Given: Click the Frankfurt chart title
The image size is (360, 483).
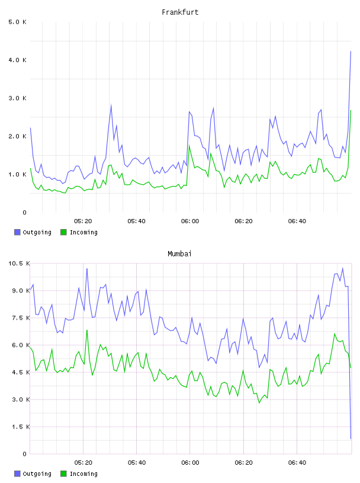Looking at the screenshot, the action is [x=180, y=12].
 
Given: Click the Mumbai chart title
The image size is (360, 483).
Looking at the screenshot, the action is [x=179, y=254].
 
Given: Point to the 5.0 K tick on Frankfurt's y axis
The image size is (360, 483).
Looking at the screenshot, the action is [x=18, y=22].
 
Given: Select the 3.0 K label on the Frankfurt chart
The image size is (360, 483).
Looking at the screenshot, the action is [x=18, y=98].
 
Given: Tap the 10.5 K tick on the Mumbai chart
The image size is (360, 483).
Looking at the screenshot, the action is [x=19, y=263].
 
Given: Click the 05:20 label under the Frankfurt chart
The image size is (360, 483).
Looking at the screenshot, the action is [x=83, y=221].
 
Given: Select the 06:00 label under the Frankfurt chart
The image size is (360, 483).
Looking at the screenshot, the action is [x=190, y=221].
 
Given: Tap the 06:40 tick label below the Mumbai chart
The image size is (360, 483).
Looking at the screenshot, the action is [x=297, y=463].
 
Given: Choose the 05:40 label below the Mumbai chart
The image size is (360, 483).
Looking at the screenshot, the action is [x=137, y=463].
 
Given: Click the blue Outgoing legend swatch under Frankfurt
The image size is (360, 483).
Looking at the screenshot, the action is [x=17, y=232].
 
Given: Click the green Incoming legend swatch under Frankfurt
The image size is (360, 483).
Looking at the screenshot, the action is [x=63, y=232].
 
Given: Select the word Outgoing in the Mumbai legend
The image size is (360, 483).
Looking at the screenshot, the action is [x=37, y=474].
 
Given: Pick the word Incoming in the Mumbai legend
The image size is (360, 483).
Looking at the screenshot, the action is [x=83, y=474].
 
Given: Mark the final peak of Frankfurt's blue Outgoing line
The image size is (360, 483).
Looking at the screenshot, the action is [x=351, y=51].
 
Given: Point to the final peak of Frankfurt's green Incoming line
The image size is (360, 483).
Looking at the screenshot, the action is [x=351, y=110].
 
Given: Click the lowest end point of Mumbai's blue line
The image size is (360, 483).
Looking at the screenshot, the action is [x=351, y=439].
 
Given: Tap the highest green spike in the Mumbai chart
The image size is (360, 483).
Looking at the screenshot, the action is [x=87, y=330].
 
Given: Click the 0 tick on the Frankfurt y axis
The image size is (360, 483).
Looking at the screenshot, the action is [x=24, y=212].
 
